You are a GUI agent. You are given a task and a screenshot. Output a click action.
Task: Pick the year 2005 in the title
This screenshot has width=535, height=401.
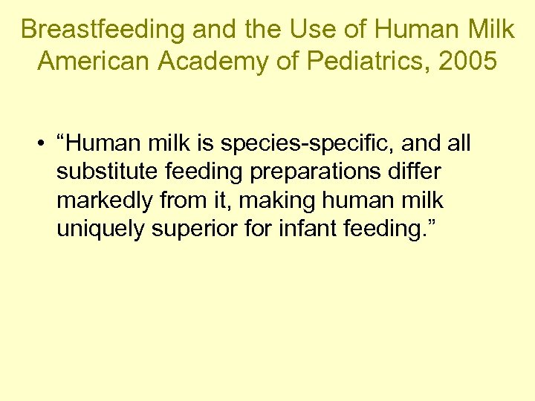tap(466, 61)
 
